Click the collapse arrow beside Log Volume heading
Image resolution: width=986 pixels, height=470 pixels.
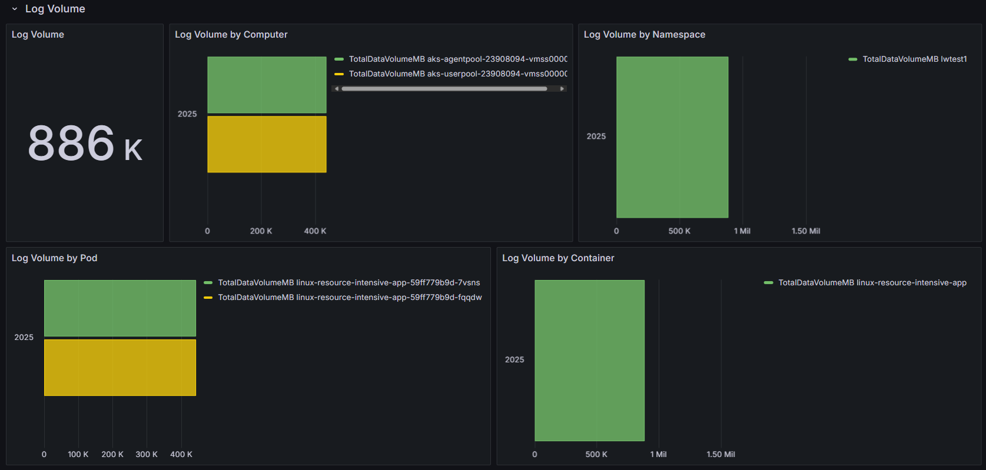15,9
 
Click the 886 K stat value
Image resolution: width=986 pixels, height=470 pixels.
85,143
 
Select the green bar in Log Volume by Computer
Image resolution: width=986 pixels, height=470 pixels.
267,85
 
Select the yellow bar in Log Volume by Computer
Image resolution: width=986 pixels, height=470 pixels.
267,144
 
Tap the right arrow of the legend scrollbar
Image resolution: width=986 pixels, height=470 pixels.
562,89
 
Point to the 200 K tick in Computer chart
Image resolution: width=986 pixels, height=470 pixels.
261,231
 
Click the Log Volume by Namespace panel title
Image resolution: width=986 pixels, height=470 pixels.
644,35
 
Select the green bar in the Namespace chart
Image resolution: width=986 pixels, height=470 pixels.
672,137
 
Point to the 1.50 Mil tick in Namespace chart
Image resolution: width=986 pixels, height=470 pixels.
805,231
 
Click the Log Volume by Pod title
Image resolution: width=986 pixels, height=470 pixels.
54,258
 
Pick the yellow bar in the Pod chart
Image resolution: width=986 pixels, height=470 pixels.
120,368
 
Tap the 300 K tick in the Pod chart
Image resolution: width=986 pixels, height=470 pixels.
147,454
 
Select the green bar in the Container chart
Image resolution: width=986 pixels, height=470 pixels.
589,361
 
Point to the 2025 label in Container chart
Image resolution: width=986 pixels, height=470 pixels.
514,359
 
